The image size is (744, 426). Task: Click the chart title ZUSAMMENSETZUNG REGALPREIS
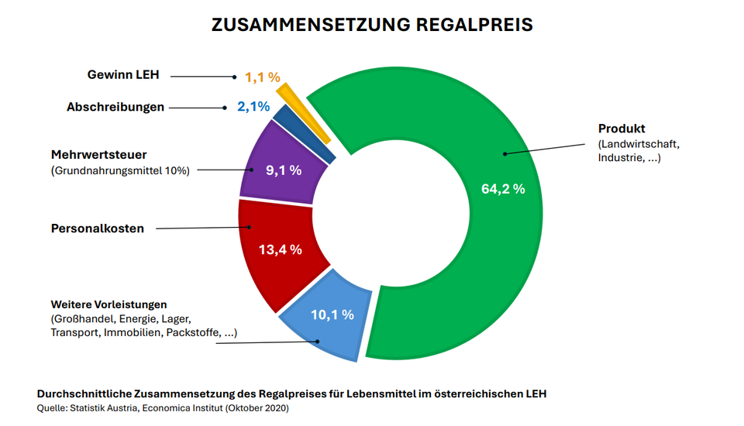pos(372,25)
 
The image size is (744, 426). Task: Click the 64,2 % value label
pos(503,188)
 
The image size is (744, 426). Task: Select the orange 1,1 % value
pos(262,77)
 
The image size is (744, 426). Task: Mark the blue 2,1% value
pos(253,107)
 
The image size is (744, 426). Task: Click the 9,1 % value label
pos(284,170)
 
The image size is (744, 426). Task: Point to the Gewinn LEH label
pos(122,75)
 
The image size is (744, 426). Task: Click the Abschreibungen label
pos(115,107)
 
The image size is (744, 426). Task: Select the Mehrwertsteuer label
pos(98,154)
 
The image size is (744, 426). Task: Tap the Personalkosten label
pos(98,228)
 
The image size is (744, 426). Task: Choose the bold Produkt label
pos(622,129)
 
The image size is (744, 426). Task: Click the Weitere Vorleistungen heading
pos(109,304)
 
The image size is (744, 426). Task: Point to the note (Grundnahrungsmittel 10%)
pos(120,170)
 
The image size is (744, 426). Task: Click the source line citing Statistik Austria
pos(163,408)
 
